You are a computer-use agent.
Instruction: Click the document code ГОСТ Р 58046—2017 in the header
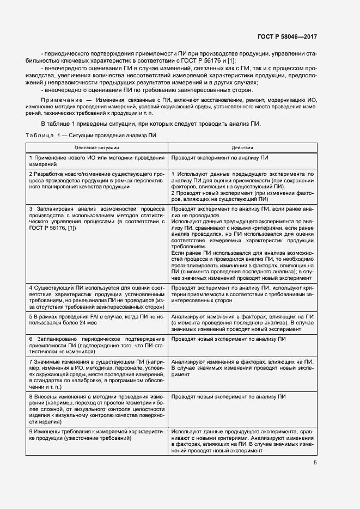(x=287, y=36)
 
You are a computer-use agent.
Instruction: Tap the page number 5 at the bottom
(x=315, y=463)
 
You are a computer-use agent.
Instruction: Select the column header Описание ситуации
(x=97, y=148)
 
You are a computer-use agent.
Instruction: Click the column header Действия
(x=242, y=148)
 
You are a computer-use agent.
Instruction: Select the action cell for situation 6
(x=242, y=339)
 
